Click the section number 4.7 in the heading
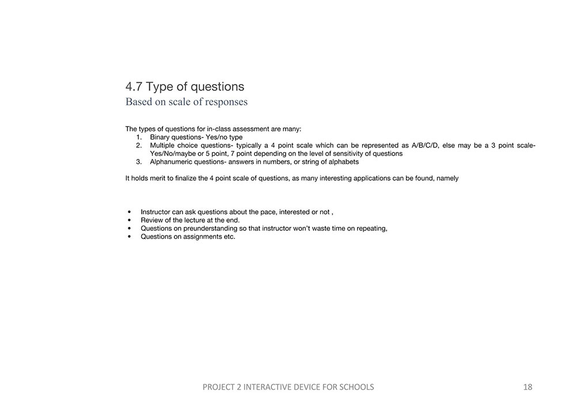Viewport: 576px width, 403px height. (x=134, y=87)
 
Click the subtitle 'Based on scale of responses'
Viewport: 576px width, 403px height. (x=187, y=102)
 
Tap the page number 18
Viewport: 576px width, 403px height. (x=528, y=387)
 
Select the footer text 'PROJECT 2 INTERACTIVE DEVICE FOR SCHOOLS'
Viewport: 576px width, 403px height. (x=288, y=387)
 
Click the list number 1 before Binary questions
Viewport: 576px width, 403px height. (x=139, y=138)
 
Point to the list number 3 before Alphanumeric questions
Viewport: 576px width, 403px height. (x=139, y=162)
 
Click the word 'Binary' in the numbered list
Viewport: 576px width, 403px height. (x=161, y=138)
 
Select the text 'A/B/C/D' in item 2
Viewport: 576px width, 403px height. (x=425, y=146)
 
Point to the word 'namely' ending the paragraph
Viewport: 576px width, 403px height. (x=448, y=178)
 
